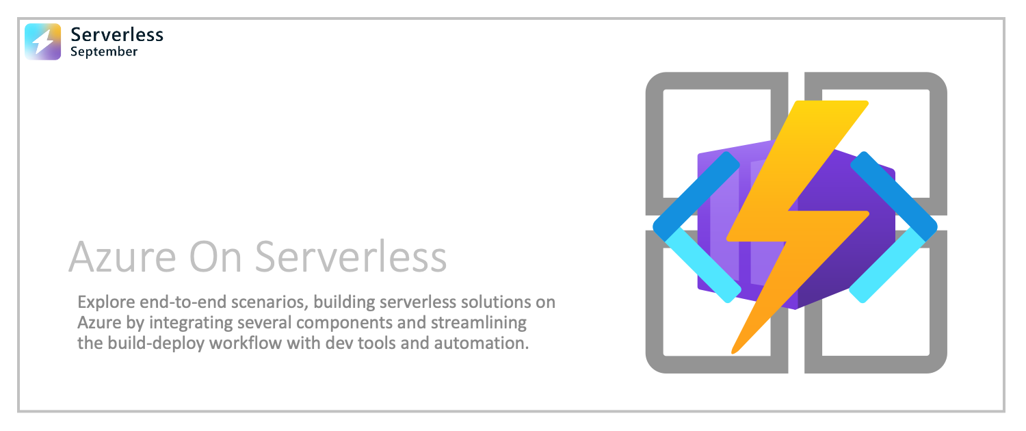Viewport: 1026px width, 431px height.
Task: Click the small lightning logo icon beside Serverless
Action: [42, 42]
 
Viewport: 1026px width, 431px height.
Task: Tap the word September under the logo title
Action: [104, 52]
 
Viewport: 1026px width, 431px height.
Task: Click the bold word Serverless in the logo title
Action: [117, 35]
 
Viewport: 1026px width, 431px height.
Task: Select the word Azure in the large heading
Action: [122, 257]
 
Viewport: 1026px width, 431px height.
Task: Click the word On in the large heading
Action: [215, 257]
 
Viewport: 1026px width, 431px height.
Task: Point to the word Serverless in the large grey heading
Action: [350, 257]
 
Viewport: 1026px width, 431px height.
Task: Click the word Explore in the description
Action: [106, 303]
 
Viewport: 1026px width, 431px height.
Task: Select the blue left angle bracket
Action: [696, 227]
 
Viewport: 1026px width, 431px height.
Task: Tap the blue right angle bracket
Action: [893, 227]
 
